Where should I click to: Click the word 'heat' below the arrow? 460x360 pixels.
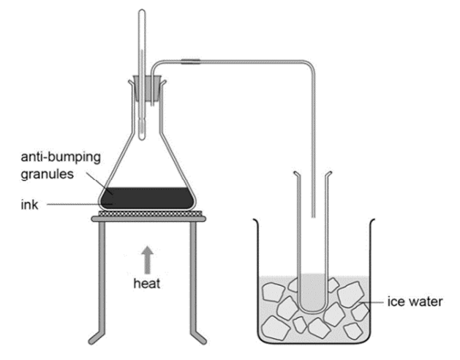147,284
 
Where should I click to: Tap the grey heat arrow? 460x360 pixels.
147,260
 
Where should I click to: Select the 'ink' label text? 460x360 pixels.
29,205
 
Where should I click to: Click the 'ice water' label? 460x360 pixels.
415,301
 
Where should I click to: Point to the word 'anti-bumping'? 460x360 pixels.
61,158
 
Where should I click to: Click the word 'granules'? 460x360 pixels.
48,174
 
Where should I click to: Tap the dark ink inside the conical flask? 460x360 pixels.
147,198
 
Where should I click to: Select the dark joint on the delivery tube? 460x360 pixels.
190,61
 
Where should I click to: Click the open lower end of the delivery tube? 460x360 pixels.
313,217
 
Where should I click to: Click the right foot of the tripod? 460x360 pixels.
199,338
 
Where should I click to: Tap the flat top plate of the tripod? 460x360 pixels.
148,219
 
